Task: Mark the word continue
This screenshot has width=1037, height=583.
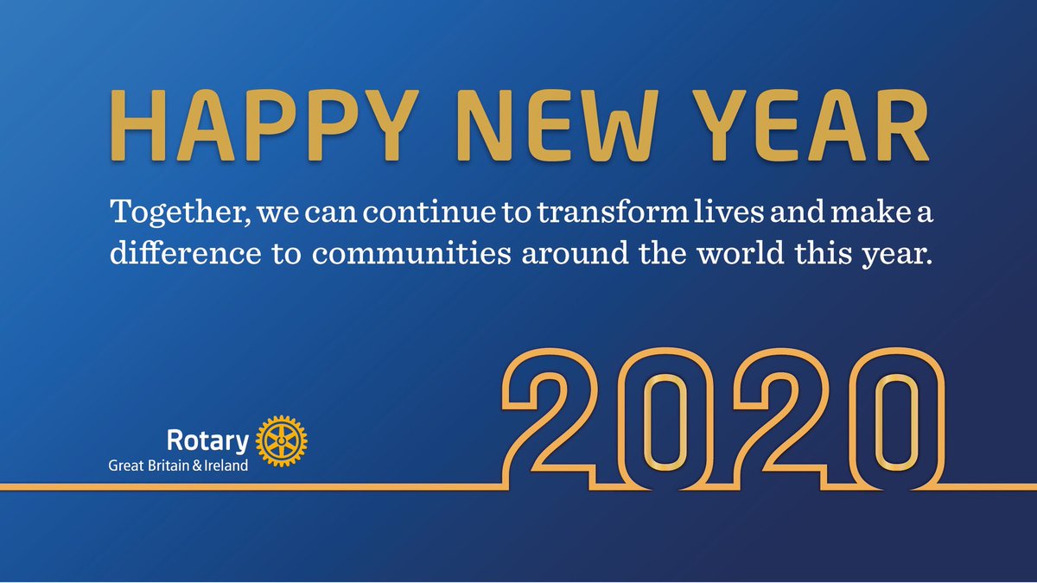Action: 426,212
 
